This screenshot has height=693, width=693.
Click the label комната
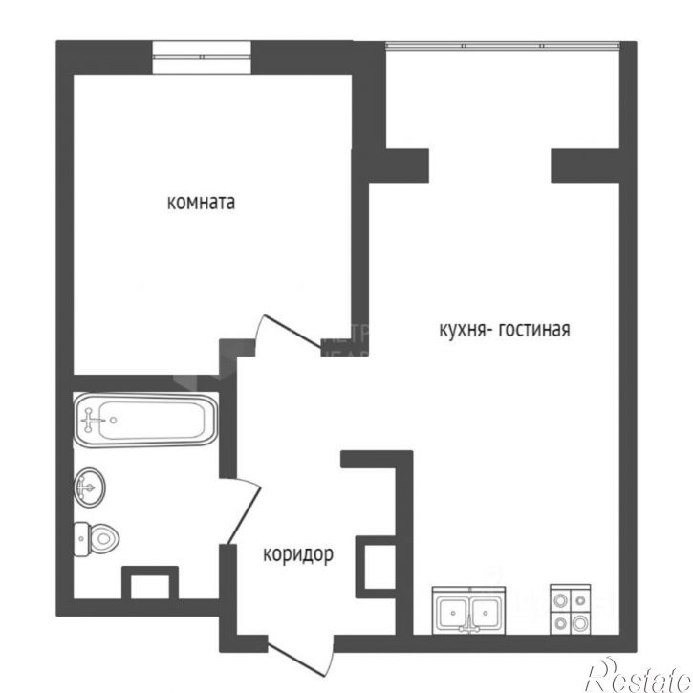[201, 203]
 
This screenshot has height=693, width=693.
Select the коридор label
[297, 553]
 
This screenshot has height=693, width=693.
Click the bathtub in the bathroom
[145, 420]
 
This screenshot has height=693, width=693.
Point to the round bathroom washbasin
[89, 488]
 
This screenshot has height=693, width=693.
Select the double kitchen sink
[468, 610]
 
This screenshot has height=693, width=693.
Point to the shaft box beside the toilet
[150, 584]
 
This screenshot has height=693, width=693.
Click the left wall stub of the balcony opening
[406, 163]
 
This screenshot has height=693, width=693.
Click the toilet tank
[80, 540]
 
